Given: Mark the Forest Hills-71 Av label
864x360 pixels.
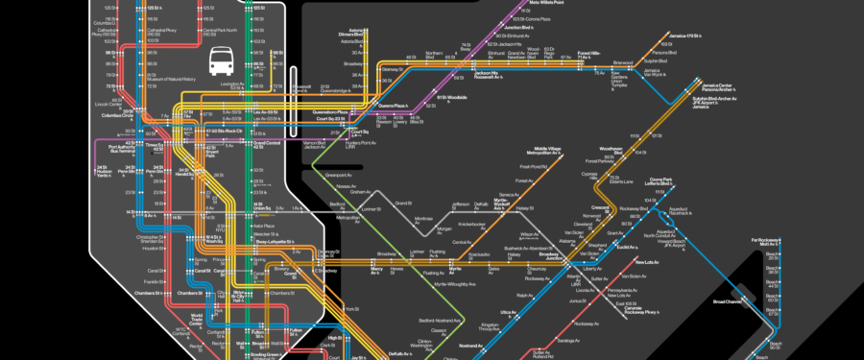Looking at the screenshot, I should click(x=588, y=56).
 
